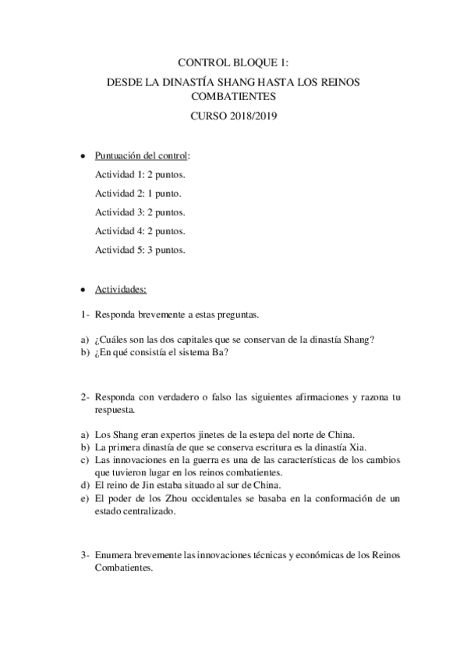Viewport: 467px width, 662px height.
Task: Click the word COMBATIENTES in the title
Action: pyautogui.click(x=233, y=98)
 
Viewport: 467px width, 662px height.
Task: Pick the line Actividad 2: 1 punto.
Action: pyautogui.click(x=138, y=193)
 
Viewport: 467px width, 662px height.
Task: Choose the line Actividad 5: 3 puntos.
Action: pyautogui.click(x=140, y=250)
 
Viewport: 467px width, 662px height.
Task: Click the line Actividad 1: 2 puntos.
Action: pyautogui.click(x=140, y=174)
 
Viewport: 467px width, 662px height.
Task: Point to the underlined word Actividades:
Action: pyautogui.click(x=121, y=289)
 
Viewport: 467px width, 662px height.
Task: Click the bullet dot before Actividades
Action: pyautogui.click(x=84, y=290)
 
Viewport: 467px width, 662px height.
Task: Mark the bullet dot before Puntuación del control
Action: pyautogui.click(x=84, y=156)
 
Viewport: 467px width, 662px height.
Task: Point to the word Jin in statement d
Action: pyautogui.click(x=155, y=486)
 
